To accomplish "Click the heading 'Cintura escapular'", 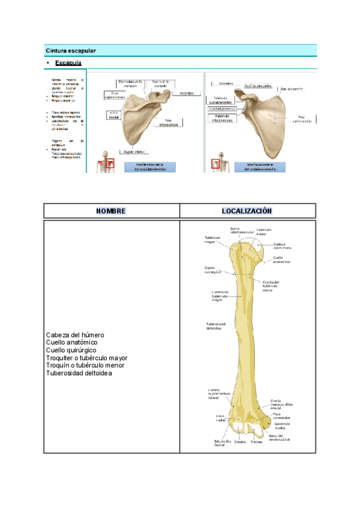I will [71, 50].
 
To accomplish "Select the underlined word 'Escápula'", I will [68, 62].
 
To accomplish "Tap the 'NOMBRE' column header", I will [112, 211].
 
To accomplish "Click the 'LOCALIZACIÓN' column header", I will [247, 211].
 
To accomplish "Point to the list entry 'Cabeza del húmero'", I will [75, 334].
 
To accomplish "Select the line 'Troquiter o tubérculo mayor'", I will [86, 358].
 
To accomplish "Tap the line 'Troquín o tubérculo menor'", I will [85, 366].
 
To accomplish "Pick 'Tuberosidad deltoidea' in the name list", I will [79, 373].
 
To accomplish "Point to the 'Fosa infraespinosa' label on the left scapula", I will [168, 122].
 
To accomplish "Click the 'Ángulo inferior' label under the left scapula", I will [136, 151].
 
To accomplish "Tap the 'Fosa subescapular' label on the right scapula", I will [301, 118].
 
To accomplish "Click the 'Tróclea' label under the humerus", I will [256, 442].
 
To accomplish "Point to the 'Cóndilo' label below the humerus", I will [240, 442].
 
